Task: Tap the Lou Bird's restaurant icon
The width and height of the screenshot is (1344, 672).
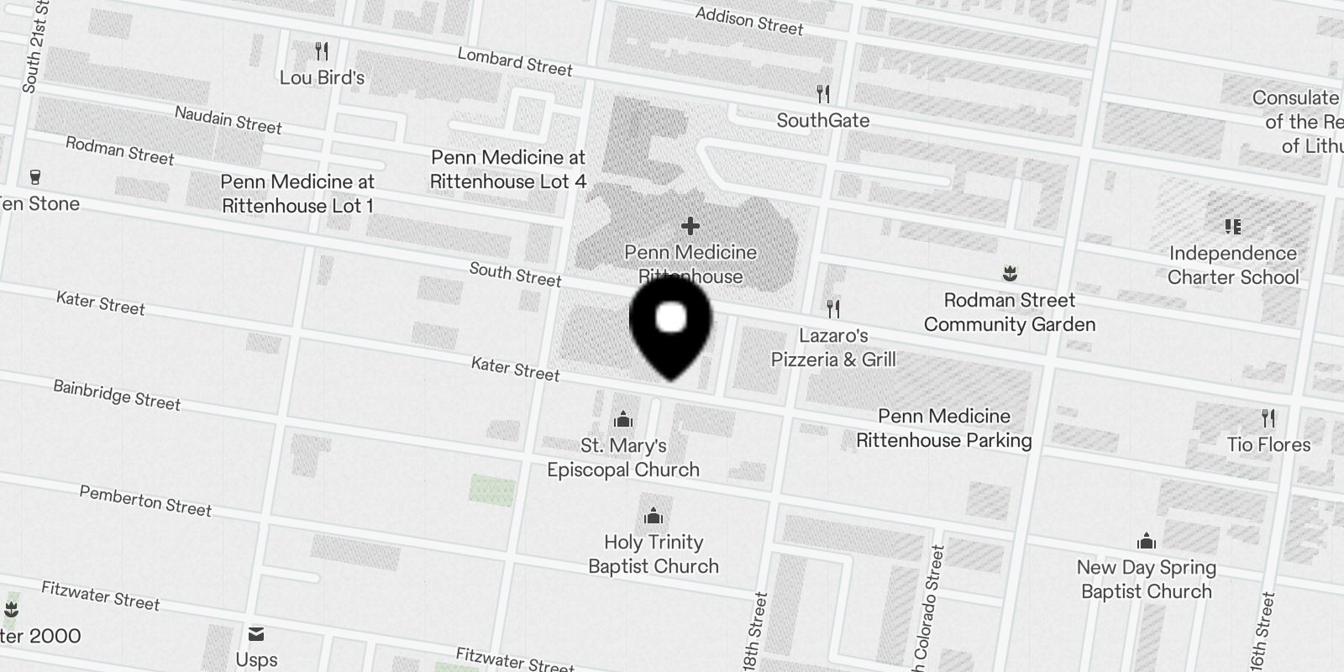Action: point(322,52)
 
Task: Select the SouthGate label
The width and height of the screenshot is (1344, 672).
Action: point(822,120)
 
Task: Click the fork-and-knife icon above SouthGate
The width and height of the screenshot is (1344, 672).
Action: point(823,93)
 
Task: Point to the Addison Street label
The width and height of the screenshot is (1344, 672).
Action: point(749,21)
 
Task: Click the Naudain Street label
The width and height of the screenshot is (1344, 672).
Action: point(228,120)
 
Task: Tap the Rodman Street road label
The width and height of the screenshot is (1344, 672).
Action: point(120,151)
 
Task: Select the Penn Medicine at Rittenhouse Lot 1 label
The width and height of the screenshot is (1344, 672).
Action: point(297,194)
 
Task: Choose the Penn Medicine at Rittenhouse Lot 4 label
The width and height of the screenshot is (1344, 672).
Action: point(508,170)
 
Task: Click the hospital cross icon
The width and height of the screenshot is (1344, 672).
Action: point(690,226)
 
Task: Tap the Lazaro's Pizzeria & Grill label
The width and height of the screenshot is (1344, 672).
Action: point(833,348)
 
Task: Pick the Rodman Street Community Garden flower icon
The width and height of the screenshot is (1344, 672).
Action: point(1010,274)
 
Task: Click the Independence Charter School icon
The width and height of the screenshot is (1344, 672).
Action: point(1233,226)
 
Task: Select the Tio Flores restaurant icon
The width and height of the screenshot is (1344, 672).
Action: point(1268,417)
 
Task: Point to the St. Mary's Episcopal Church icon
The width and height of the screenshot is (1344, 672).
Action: point(623,418)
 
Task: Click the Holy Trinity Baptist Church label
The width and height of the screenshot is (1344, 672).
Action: point(654,554)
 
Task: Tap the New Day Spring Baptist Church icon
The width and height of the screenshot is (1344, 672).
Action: point(1147,542)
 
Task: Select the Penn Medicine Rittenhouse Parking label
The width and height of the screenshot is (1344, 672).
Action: point(944,428)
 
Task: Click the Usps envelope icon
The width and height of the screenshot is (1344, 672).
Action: point(256,633)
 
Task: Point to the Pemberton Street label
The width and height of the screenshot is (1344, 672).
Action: point(145,501)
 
